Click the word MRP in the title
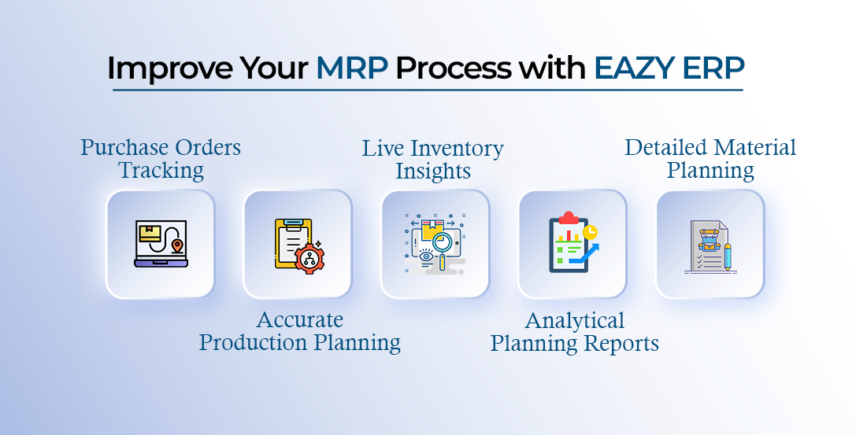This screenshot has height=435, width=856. pyautogui.click(x=351, y=68)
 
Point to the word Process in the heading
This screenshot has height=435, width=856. pyautogui.click(x=453, y=68)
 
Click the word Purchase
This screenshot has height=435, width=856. pyautogui.click(x=126, y=147)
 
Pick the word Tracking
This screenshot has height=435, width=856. pyautogui.click(x=161, y=170)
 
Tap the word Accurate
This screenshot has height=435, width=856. pyautogui.click(x=300, y=320)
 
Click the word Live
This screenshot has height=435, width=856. pyautogui.click(x=384, y=149)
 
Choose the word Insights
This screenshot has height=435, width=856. pyautogui.click(x=433, y=171)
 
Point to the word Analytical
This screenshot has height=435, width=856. pyautogui.click(x=574, y=321)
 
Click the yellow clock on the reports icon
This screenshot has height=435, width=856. pyautogui.click(x=590, y=232)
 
